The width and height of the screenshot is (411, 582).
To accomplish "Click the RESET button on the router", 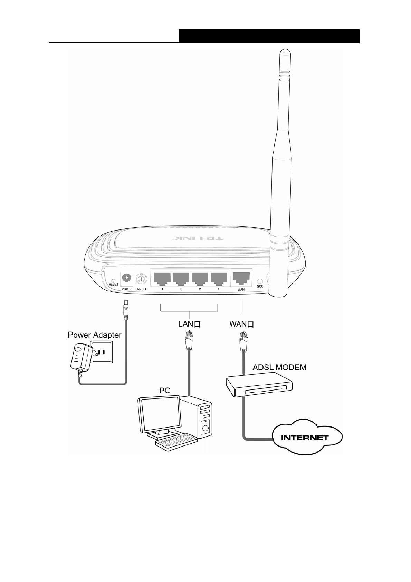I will pos(114,280).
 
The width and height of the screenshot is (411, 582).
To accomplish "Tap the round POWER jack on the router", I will pos(126,278).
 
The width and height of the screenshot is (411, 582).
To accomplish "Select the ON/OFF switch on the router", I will pos(141,278).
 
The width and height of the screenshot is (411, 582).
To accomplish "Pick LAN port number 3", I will pos(181,278).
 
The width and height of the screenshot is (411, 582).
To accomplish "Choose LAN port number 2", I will pos(200,278).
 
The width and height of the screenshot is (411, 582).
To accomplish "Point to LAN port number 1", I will pos(219,278).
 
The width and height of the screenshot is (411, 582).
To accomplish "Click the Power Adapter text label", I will pos(94,335).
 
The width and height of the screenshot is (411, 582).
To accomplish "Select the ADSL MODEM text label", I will pos(279,367).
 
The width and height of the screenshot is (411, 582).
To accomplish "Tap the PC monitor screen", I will pos(159,415).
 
